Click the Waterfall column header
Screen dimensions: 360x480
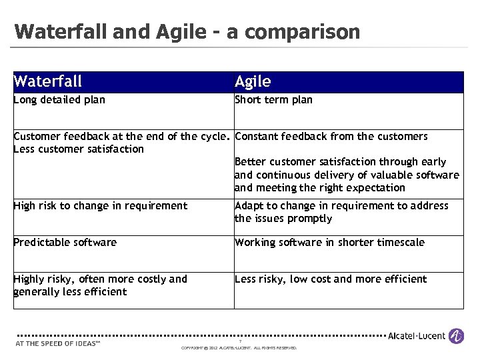tap(48, 82)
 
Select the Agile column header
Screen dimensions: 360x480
tap(253, 82)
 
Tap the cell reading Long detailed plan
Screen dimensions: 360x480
tap(59, 100)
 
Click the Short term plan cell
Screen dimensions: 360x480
tap(273, 100)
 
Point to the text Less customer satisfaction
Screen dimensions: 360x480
tap(79, 149)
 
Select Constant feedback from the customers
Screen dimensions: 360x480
tap(331, 137)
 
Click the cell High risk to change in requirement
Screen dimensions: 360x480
tap(101, 205)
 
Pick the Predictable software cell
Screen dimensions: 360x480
tap(65, 242)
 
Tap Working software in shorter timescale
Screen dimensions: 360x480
tap(329, 242)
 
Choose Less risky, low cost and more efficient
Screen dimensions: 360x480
tap(331, 279)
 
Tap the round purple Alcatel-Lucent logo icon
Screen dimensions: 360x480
tap(457, 336)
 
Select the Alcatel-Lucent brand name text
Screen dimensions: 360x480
tap(418, 336)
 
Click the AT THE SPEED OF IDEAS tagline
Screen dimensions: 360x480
tap(57, 344)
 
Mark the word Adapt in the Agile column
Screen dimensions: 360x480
tap(249, 205)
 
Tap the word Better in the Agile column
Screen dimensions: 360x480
tap(250, 161)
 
